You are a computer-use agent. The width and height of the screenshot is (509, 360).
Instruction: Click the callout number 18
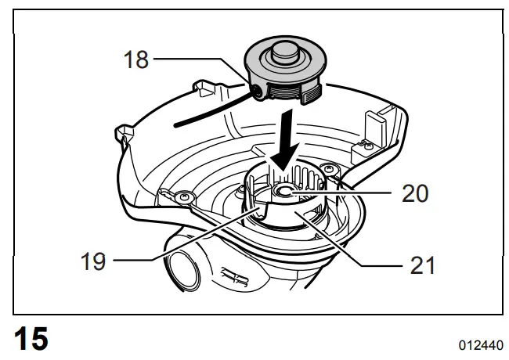[136, 59]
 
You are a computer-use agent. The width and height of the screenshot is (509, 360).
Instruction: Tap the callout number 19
[93, 261]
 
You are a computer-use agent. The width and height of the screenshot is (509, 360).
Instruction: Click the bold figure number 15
[29, 338]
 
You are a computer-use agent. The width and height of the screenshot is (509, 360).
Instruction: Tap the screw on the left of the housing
[186, 198]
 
